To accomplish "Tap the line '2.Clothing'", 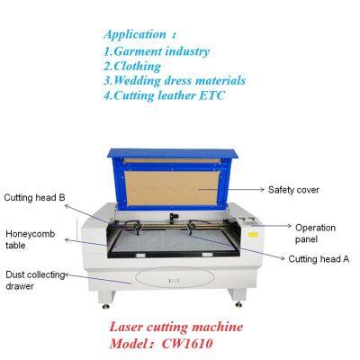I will tap(132, 66).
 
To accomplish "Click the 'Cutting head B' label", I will tap(35, 196).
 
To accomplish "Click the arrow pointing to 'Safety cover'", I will tap(247, 190).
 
